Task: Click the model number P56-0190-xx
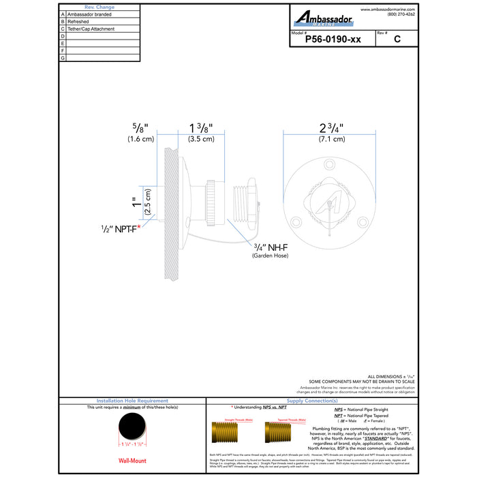coord(332,40)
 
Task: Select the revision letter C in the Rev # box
coord(397,40)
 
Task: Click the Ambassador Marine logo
coord(323,18)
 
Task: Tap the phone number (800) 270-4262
coord(401,14)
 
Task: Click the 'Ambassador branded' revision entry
coord(91,14)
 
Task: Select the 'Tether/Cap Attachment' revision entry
coord(91,29)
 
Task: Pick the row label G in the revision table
coord(63,59)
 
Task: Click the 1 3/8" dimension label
coord(201,127)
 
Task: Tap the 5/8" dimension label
coord(140,127)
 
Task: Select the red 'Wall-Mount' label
coord(133,460)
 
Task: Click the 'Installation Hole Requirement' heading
coord(133,401)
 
